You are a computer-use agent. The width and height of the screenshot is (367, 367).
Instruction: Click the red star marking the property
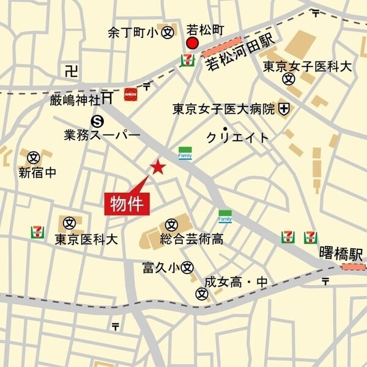pyautogui.click(x=158, y=167)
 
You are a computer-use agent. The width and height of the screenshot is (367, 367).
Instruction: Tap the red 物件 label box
pyautogui.click(x=127, y=203)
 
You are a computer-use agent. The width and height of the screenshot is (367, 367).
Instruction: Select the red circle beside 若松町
pyautogui.click(x=192, y=43)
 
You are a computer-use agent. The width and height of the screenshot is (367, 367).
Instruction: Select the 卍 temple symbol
pyautogui.click(x=71, y=71)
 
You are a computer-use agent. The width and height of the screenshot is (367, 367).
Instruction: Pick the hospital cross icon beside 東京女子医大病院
pyautogui.click(x=284, y=109)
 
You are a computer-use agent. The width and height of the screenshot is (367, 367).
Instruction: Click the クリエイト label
pyautogui.click(x=237, y=137)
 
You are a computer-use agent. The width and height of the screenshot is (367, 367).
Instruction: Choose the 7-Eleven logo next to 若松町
pyautogui.click(x=187, y=60)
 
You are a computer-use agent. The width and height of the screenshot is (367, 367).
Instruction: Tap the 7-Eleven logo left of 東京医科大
pyautogui.click(x=38, y=232)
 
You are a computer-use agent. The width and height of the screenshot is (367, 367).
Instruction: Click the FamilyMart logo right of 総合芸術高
pyautogui.click(x=225, y=216)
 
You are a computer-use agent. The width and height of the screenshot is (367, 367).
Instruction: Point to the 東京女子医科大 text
pyautogui.click(x=307, y=65)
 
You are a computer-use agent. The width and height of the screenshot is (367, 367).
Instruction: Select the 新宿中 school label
pyautogui.click(x=37, y=172)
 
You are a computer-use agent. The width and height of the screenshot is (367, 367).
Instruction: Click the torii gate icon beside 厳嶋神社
pyautogui.click(x=108, y=97)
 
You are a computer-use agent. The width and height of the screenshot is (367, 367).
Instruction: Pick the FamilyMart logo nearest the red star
pyautogui.click(x=185, y=153)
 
